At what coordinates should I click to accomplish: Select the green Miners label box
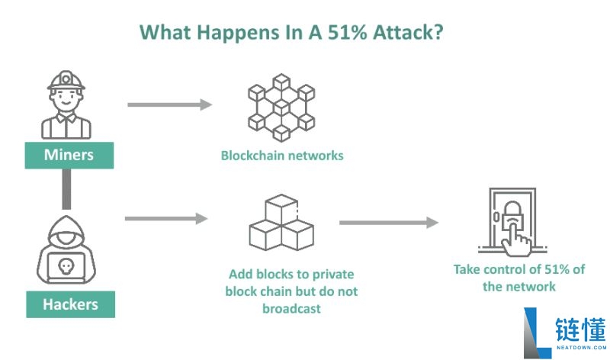(x=69, y=155)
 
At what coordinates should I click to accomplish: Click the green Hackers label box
(x=70, y=304)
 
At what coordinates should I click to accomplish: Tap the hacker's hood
(x=67, y=229)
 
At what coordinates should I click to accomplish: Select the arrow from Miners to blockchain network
(x=169, y=104)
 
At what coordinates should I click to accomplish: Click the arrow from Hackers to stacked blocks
(x=166, y=219)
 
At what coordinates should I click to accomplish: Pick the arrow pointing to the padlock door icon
(x=389, y=223)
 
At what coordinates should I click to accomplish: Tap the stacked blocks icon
(x=281, y=224)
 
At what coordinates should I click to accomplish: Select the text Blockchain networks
(x=282, y=156)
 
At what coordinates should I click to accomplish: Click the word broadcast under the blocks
(x=292, y=309)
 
